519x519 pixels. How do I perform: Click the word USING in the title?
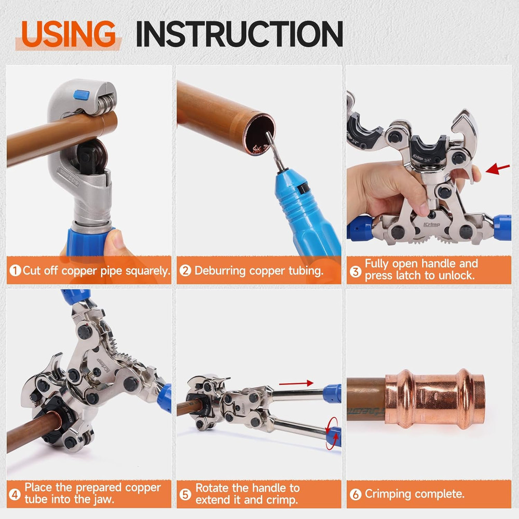(x=69, y=34)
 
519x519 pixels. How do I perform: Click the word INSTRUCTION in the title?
(x=239, y=34)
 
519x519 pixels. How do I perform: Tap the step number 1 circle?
(x=15, y=270)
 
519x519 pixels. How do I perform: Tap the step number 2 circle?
(x=185, y=270)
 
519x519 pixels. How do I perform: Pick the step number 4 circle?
(x=15, y=495)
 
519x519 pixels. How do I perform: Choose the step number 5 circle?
(x=185, y=495)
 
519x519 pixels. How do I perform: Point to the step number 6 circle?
(x=356, y=494)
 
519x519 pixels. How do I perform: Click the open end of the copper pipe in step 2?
(x=257, y=136)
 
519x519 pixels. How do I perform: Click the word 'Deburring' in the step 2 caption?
(x=222, y=270)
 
